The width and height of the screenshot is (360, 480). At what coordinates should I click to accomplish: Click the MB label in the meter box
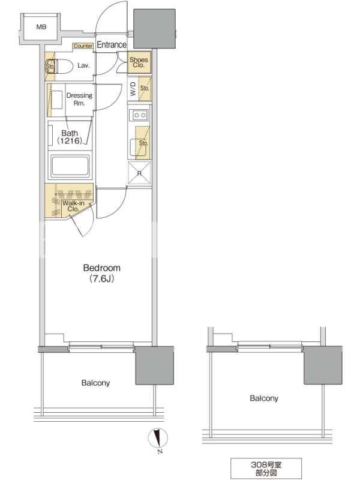coord(41,27)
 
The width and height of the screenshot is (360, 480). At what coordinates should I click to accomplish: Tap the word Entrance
coord(112,44)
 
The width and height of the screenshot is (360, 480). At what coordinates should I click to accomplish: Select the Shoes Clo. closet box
coord(139,62)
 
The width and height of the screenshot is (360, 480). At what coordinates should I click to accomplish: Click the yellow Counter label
coord(83,46)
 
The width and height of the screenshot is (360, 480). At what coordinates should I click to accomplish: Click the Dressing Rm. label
coord(79,99)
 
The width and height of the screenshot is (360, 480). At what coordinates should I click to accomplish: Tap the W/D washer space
coord(133,89)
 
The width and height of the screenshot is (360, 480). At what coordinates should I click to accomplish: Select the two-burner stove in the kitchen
coord(139,115)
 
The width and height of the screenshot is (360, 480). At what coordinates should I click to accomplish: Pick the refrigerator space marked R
coord(140,173)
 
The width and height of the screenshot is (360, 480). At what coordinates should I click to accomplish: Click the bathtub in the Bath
coord(70,167)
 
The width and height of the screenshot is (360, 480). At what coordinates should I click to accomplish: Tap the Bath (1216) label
coord(70,137)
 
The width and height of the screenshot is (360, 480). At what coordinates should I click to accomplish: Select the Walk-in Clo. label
coord(73,206)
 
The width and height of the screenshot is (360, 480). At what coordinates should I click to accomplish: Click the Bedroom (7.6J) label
coord(101,273)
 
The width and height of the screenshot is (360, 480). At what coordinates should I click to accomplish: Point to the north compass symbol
coord(158,439)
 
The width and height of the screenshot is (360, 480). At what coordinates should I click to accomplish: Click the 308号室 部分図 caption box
coord(266,469)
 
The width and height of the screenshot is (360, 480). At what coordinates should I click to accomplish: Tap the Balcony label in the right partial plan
coord(264,398)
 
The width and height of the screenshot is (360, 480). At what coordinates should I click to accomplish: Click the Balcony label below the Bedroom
coord(95,383)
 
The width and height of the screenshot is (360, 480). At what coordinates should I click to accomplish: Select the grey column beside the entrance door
coord(155,28)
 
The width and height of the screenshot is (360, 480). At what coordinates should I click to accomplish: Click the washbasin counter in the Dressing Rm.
coord(56,100)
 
